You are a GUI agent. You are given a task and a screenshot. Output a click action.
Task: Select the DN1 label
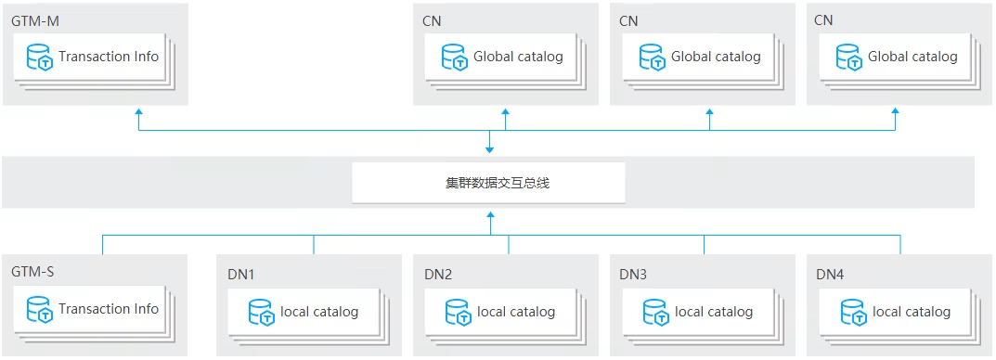[240, 275]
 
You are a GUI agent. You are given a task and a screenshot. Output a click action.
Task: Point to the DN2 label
[438, 275]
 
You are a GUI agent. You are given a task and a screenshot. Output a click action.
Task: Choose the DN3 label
[635, 275]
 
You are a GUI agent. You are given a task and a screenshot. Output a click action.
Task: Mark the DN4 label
[831, 275]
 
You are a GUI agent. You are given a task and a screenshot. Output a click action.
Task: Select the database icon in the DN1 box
[261, 313]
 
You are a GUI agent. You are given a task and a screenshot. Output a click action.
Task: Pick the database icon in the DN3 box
[656, 313]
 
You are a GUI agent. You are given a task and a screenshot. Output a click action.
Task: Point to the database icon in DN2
[458, 313]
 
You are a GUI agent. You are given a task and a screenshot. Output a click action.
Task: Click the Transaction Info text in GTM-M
[109, 57]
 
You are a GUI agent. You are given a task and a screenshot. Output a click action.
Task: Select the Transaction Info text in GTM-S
[109, 309]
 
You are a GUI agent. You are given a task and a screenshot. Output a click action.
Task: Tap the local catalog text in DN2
[516, 312]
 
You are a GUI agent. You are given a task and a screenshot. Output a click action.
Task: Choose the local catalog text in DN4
[912, 312]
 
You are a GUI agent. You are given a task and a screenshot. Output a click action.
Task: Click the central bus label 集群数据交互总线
[489, 183]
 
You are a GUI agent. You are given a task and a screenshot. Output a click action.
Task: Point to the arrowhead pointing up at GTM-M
[139, 112]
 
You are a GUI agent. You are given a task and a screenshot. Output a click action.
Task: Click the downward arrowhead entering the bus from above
[490, 148]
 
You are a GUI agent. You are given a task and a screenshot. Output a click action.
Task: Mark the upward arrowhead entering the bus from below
[490, 216]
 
